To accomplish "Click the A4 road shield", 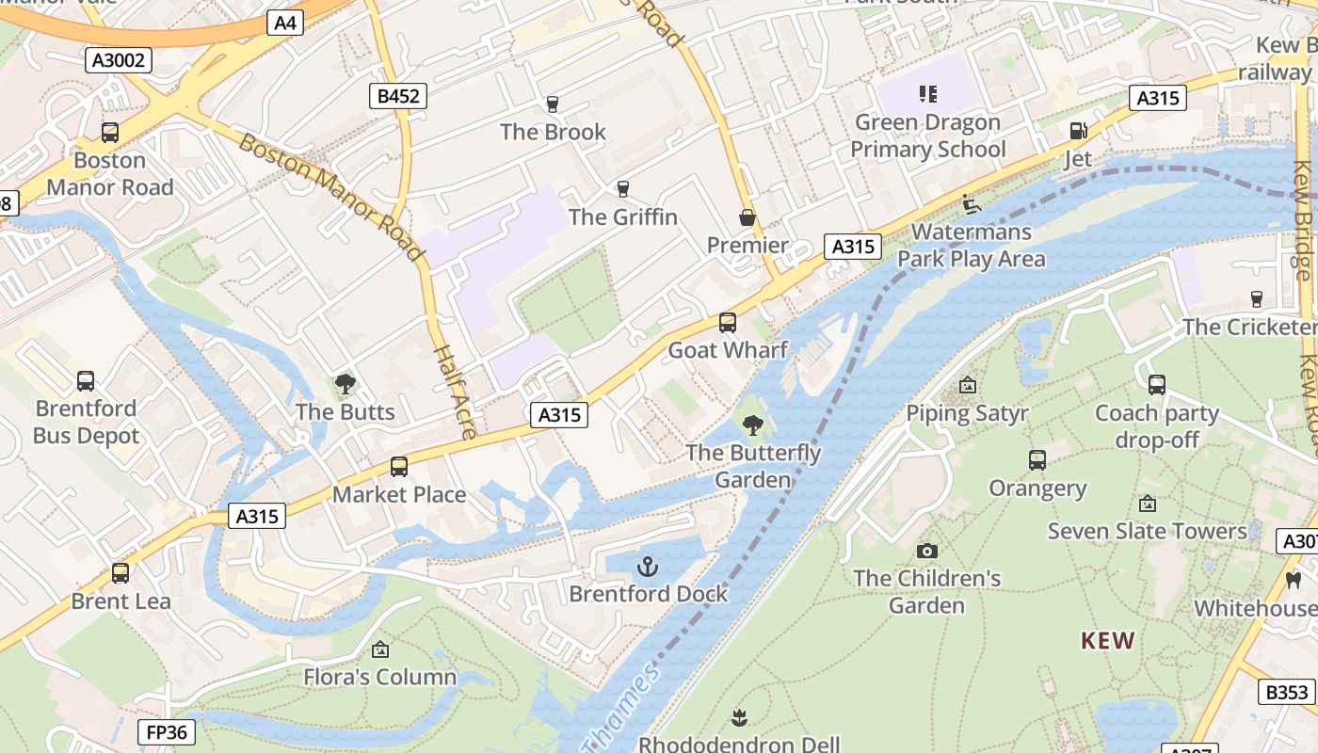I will click(285, 23).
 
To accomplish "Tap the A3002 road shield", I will click(119, 61).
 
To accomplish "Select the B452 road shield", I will click(397, 95).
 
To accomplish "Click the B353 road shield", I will click(1286, 692).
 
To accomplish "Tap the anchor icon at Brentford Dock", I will click(647, 566).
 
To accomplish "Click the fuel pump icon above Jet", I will click(1077, 131).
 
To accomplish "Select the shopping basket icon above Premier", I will click(747, 217).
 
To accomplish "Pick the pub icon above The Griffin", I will click(622, 189).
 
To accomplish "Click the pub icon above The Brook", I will click(553, 104).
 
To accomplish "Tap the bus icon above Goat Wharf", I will click(728, 323).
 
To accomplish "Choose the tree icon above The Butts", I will click(346, 384).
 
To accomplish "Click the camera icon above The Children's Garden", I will click(927, 551).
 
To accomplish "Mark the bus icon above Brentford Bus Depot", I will click(86, 381).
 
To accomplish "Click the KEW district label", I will click(1107, 642).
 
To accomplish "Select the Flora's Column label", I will click(379, 677).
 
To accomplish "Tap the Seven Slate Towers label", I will click(1147, 531).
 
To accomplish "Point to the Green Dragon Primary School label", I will click(928, 136).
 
